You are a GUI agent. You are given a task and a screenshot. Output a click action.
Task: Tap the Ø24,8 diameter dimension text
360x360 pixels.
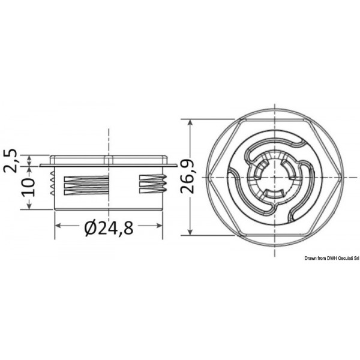(x=109, y=229)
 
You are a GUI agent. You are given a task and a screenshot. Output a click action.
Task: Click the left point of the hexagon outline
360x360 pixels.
(x=214, y=177)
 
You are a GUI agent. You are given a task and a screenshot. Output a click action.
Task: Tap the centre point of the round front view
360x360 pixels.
(x=278, y=177)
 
